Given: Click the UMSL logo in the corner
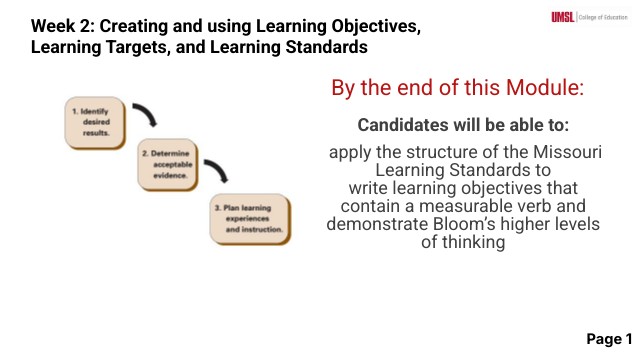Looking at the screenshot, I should pyautogui.click(x=564, y=17).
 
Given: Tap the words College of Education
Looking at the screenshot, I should pyautogui.click(x=605, y=17).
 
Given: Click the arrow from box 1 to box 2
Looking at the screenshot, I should pyautogui.click(x=147, y=115).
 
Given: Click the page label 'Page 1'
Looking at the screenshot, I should pyautogui.click(x=609, y=338).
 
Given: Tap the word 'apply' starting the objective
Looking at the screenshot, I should pyautogui.click(x=349, y=153).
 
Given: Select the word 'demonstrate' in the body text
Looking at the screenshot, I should pyautogui.click(x=373, y=224).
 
